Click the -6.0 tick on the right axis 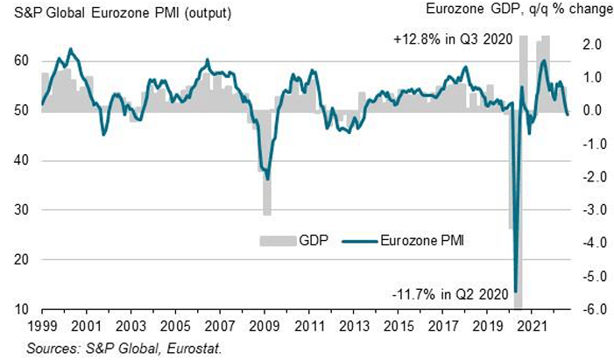[588, 309]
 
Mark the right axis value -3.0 [588, 210]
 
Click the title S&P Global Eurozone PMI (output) [111, 11]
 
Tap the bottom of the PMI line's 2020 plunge [516, 291]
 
